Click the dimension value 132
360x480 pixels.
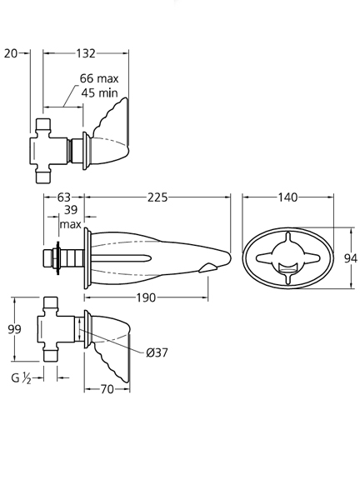(x=86, y=53)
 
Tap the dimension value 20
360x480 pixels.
(x=11, y=53)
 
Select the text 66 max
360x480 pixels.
(x=99, y=78)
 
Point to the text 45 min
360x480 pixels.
(x=99, y=92)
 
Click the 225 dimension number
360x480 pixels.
(x=157, y=197)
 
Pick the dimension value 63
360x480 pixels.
(x=63, y=197)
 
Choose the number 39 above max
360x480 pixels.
(x=71, y=210)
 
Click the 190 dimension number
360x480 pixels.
(x=146, y=297)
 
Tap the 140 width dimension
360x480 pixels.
(x=287, y=197)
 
